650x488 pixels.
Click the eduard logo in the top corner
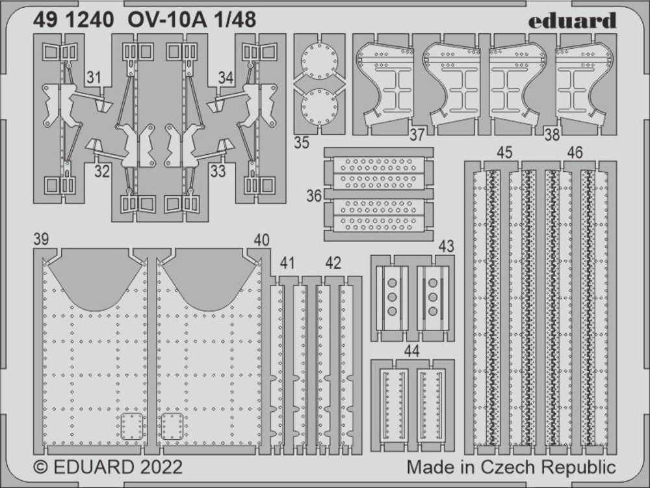click(x=572, y=20)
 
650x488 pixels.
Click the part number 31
click(x=95, y=79)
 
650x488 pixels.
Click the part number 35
click(x=301, y=144)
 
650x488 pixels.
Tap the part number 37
click(x=417, y=135)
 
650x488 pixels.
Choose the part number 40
click(x=261, y=239)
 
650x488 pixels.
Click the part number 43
click(x=446, y=247)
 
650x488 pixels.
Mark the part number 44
click(x=411, y=351)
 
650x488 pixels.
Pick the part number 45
click(x=504, y=153)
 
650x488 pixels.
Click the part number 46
click(x=574, y=153)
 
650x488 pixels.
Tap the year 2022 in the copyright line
click(x=159, y=468)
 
